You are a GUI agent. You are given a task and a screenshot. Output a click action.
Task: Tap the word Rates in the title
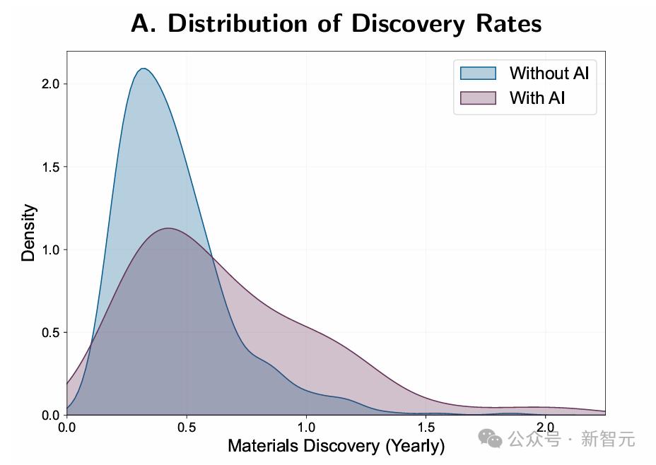[505, 23]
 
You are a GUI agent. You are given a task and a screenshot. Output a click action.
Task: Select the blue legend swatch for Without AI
[479, 73]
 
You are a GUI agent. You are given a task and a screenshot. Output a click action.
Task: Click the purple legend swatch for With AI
[479, 98]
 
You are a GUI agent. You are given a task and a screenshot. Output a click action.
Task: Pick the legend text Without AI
[549, 73]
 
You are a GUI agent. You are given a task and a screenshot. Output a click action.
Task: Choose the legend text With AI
[537, 98]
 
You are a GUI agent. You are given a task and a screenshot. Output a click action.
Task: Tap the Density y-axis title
[28, 233]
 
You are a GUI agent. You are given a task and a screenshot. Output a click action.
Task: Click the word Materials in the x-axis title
[262, 446]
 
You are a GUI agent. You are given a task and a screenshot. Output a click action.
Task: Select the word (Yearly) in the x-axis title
[415, 446]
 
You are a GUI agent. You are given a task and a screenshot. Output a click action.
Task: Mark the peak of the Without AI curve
[144, 69]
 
